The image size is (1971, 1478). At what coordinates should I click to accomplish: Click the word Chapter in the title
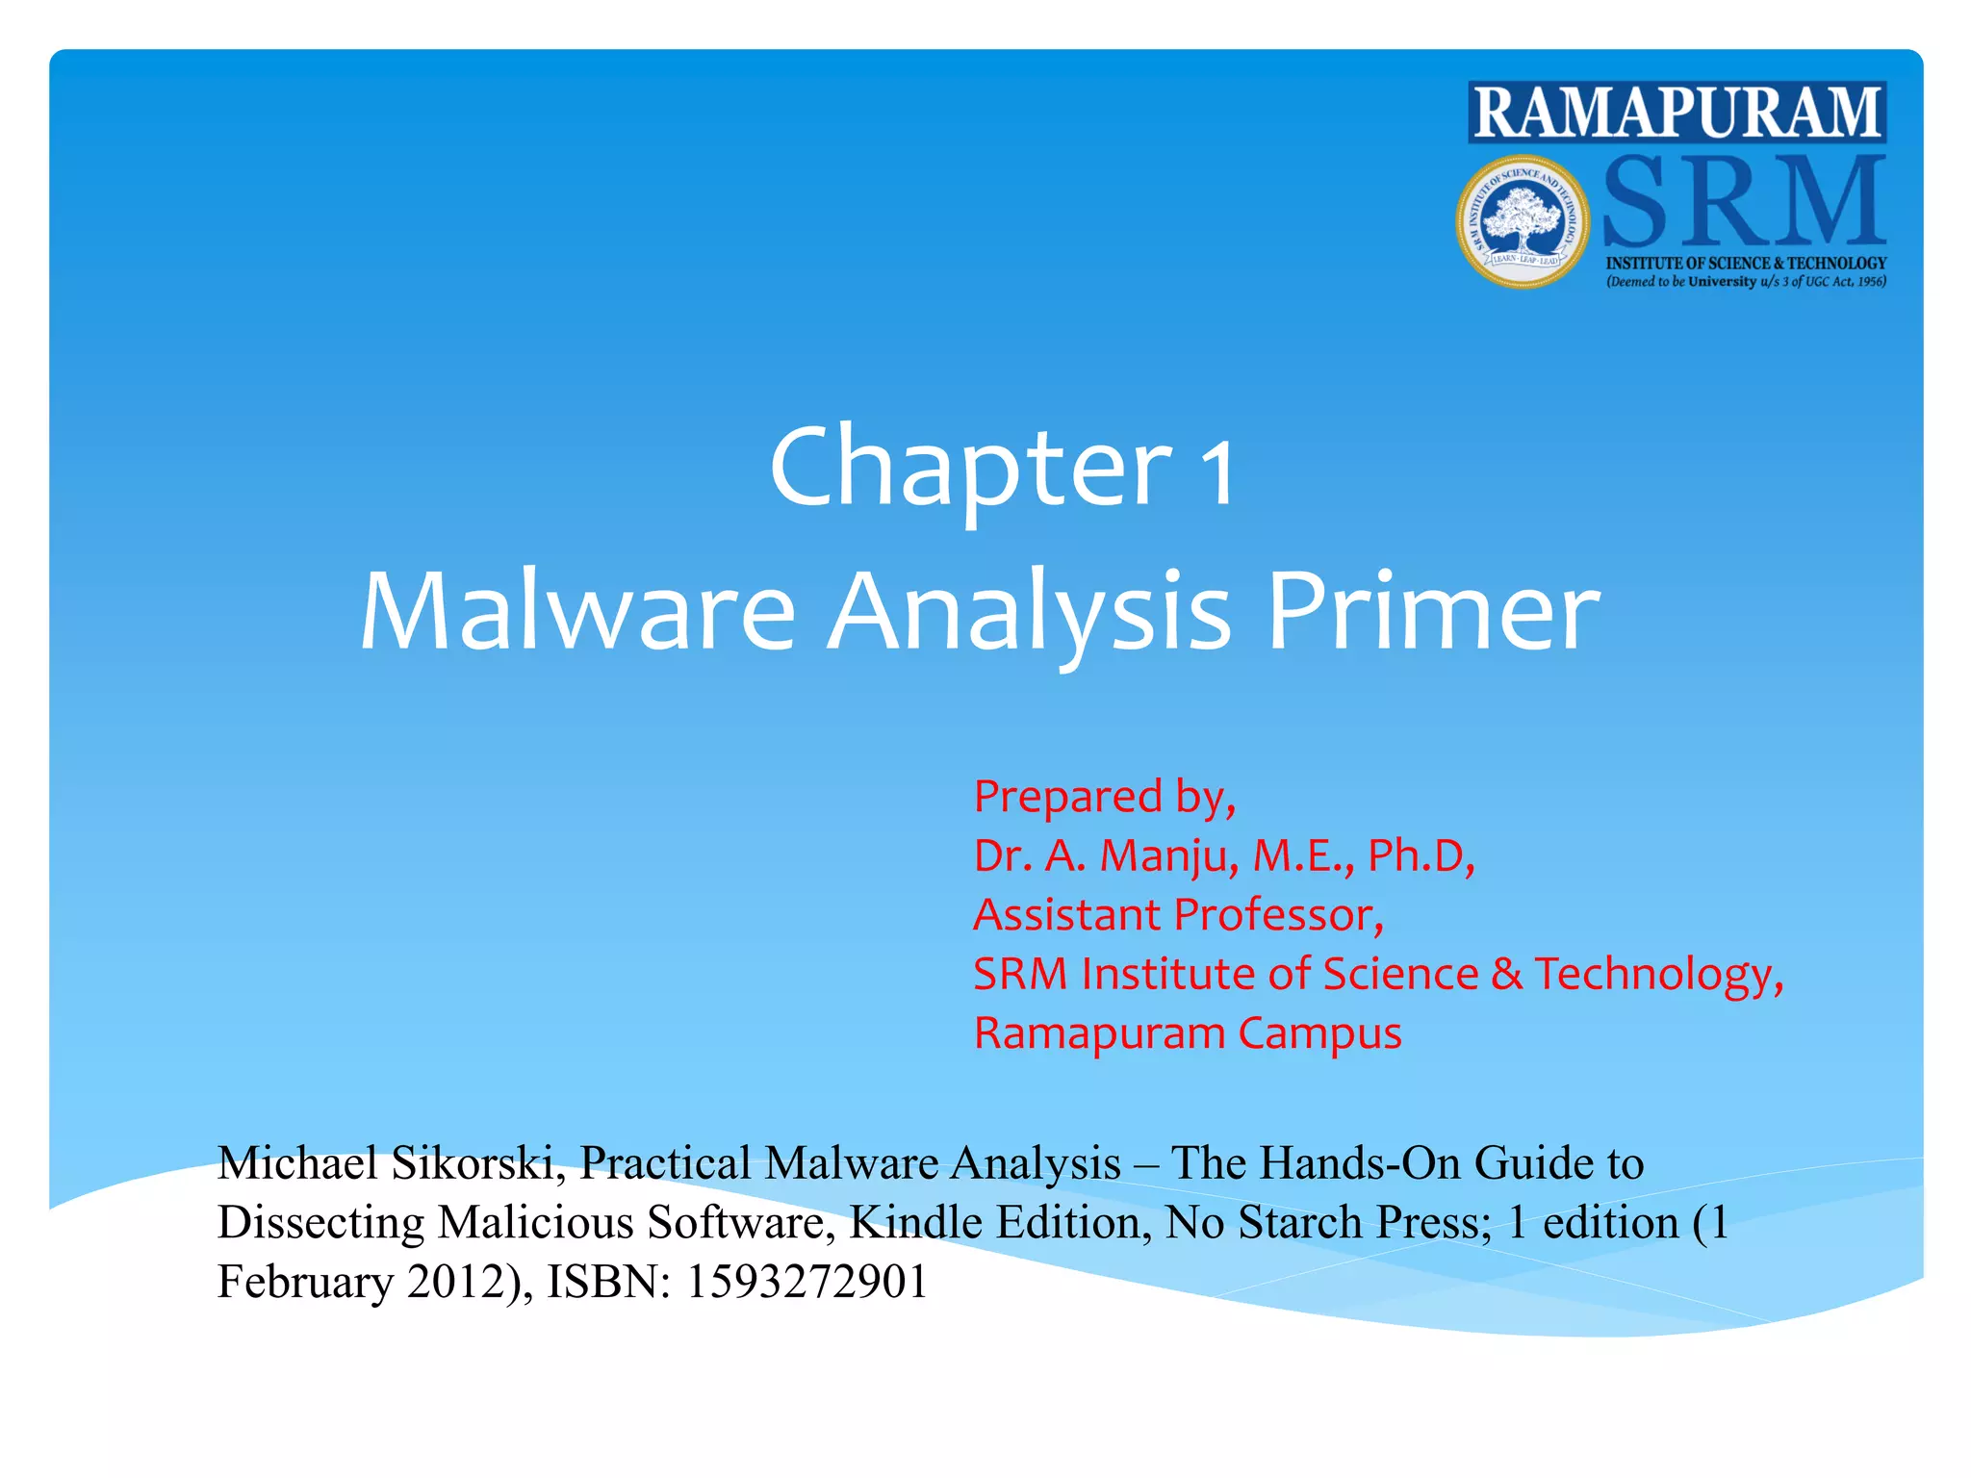[x=970, y=469]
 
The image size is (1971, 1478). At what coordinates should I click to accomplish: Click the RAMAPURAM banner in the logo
[x=1677, y=113]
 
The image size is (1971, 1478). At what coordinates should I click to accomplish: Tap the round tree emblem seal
[x=1522, y=221]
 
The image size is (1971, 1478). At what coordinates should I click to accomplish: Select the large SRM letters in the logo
[x=1743, y=203]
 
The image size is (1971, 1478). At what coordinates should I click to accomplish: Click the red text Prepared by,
[x=1104, y=798]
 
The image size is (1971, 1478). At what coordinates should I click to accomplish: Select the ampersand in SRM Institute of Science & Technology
[x=1506, y=974]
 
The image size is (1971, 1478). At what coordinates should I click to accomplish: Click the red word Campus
[x=1319, y=1033]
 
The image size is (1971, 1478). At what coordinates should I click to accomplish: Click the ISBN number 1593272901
[x=806, y=1282]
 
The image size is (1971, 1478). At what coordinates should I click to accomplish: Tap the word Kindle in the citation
[x=915, y=1223]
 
